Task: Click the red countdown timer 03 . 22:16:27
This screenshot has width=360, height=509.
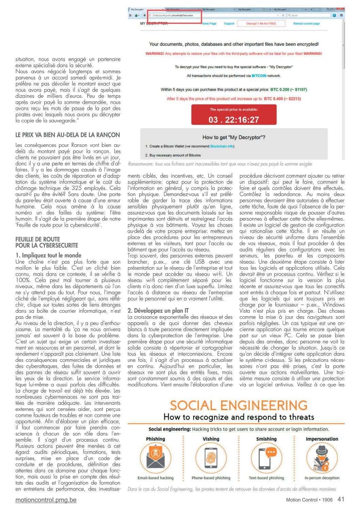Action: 234,119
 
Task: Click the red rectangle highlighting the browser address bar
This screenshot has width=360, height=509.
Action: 175,16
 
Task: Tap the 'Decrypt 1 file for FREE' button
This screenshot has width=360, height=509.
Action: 261,23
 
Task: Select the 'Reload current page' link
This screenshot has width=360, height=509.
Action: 306,23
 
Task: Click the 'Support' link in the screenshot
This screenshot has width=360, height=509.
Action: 229,23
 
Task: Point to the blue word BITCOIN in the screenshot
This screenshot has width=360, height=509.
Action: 259,76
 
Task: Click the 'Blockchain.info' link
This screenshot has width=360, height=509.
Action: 222,146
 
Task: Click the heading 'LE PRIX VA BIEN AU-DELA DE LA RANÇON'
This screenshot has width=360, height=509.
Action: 68,135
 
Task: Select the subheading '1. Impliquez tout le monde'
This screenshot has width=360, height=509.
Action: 48,255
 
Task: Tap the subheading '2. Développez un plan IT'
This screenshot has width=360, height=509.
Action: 158,310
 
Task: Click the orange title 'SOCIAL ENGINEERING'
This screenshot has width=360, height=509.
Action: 239,405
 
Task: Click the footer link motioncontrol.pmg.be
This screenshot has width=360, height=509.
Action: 46,500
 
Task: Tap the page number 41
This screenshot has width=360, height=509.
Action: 341,499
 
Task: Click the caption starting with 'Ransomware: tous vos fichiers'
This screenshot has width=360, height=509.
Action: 220,164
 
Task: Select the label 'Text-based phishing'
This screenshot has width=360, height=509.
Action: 266,478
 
